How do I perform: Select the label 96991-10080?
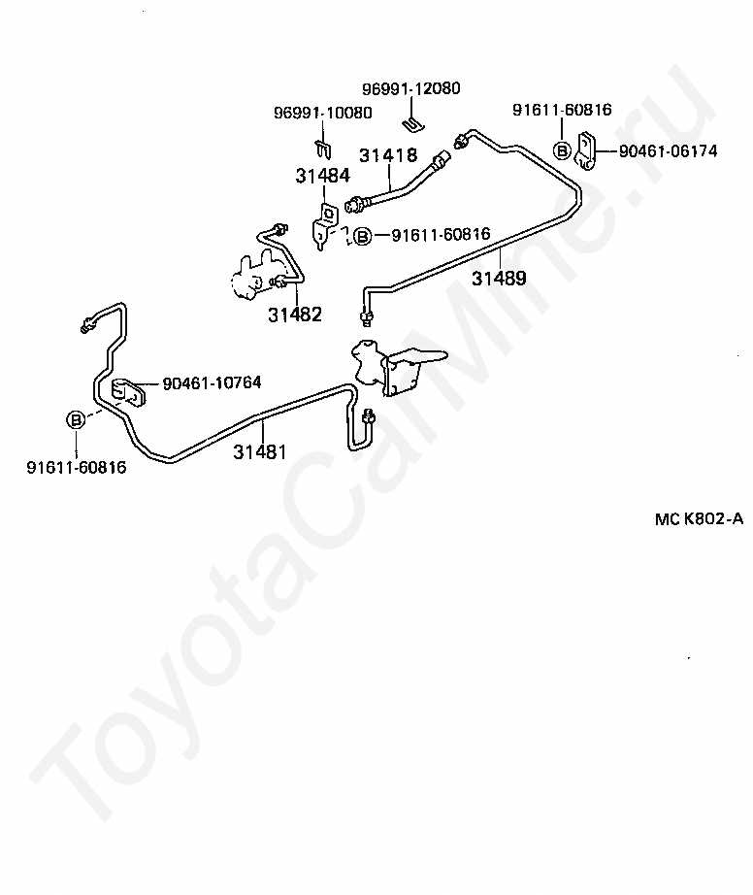pos(321,113)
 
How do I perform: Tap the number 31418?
pos(388,155)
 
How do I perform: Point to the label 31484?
pos(323,176)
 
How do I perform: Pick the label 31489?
pos(499,279)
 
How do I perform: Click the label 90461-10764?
pos(212,382)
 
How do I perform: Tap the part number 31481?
pos(259,451)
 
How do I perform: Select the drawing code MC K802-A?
pos(699,518)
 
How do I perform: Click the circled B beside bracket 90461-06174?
pos(562,150)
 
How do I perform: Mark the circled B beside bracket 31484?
pos(362,235)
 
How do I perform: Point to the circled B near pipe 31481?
pos(76,419)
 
